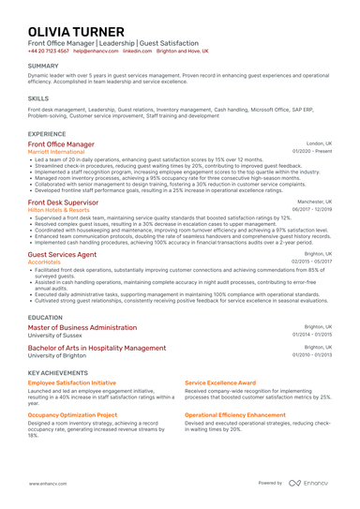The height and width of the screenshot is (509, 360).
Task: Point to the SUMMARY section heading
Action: click(43, 67)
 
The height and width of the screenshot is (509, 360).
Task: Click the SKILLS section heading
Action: click(38, 97)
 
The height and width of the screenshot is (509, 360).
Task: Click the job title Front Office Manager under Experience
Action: click(61, 144)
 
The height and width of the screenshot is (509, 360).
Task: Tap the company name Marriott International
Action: click(59, 151)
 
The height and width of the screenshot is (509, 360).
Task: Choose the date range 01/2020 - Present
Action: click(312, 151)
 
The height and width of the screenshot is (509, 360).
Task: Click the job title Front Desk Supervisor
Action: click(63, 202)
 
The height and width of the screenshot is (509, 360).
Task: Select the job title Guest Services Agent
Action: click(62, 254)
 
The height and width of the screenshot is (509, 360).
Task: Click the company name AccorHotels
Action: click(43, 262)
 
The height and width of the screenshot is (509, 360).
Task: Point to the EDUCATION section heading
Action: click(46, 318)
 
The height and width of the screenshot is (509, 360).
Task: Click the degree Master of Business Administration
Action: click(82, 327)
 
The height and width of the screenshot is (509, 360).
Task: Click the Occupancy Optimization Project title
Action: click(72, 413)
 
